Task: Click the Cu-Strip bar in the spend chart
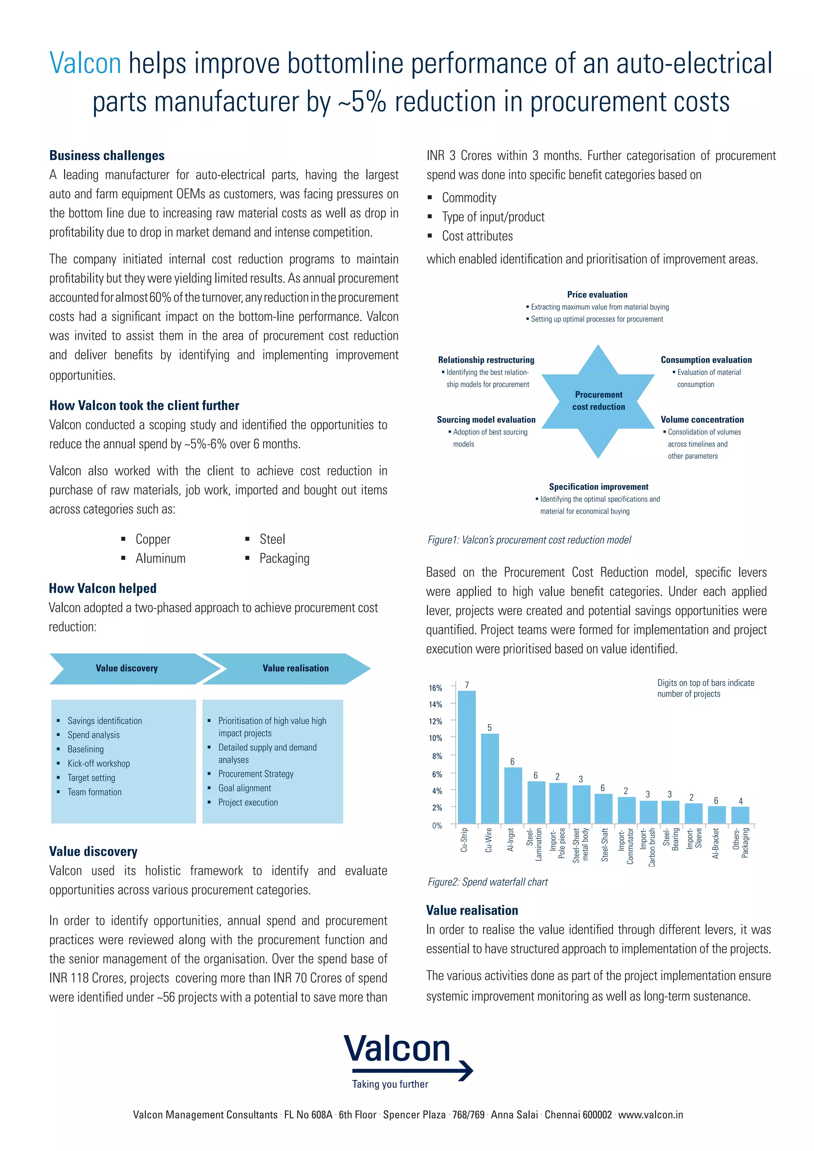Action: pos(467,757)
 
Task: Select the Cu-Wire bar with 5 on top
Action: pos(490,778)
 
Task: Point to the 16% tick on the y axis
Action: pos(435,688)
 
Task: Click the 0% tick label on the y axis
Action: pos(436,825)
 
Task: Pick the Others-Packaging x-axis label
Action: pos(740,843)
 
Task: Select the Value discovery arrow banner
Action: pos(127,668)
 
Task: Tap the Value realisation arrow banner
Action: pos(295,668)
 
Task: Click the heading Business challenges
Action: pos(107,155)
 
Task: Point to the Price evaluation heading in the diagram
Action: pos(597,295)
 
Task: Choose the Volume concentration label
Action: pos(702,420)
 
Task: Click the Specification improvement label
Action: pos(599,487)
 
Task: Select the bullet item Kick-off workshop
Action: pos(99,763)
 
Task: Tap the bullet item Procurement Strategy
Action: pos(256,773)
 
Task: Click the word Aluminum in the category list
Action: pos(161,558)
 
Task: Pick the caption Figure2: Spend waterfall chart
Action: pos(487,882)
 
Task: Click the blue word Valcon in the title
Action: pos(85,64)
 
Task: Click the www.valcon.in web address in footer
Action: pos(650,1114)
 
